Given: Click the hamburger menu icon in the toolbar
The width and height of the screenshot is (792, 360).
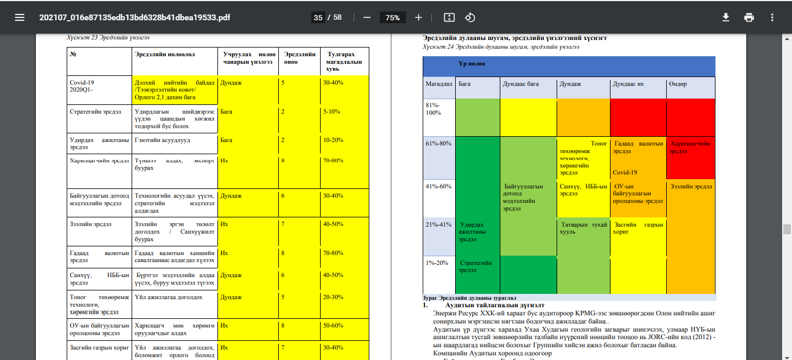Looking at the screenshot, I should [20, 17].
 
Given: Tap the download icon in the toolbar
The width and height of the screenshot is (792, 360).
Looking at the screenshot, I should [725, 17].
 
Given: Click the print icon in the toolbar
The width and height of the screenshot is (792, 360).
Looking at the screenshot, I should [749, 17].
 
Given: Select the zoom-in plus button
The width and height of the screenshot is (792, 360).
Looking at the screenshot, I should [419, 17].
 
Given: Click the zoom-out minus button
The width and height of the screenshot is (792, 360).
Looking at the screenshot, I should [367, 17].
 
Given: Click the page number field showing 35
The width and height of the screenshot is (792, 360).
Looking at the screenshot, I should [318, 17].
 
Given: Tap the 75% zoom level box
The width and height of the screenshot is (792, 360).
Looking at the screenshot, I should [393, 17].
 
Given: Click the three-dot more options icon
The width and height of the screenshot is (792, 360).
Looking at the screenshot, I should [772, 17].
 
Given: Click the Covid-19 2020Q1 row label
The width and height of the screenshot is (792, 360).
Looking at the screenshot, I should [81, 86].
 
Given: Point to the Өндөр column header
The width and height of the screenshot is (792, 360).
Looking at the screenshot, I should [678, 84].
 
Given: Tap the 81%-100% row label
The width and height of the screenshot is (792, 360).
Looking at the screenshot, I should [433, 109].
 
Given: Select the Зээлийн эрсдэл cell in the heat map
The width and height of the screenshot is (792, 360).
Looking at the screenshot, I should [691, 187].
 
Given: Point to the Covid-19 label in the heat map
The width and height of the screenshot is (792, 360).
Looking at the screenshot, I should [626, 172].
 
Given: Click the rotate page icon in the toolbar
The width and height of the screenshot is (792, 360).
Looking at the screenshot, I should [470, 17].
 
